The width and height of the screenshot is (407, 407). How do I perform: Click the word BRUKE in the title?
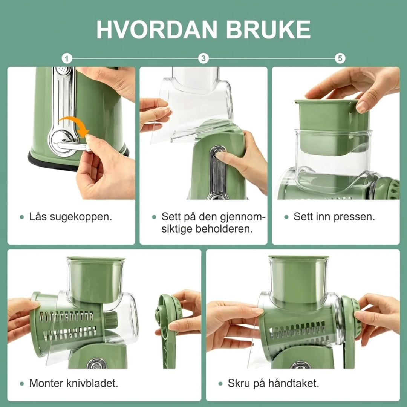268,30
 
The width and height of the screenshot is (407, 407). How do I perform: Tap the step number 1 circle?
67,58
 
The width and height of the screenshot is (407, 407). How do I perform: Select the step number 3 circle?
203,58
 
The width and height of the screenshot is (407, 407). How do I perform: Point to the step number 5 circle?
340,58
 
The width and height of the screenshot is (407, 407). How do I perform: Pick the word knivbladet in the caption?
92,383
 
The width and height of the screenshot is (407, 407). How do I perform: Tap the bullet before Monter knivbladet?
22,384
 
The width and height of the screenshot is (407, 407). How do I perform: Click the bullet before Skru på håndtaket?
220,384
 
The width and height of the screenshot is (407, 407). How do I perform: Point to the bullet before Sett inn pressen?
286,217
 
